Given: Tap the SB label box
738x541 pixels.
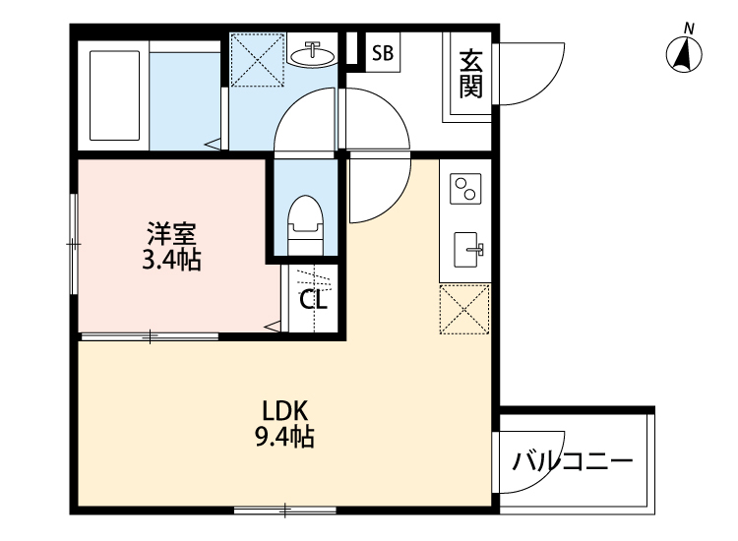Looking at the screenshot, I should point(383,54).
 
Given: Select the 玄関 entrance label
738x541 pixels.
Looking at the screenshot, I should point(470,75).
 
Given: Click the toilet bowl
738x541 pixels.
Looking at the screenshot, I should point(305,218).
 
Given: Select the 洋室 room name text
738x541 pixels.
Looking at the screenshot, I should point(172,235).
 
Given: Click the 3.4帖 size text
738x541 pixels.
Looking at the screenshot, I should point(172,262).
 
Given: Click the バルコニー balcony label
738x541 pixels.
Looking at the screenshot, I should point(574,460).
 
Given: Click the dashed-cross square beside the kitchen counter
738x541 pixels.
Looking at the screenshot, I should point(464,309).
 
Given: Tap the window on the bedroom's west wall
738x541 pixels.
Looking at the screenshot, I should point(74,242).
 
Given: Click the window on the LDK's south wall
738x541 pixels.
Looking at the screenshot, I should point(285,510).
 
